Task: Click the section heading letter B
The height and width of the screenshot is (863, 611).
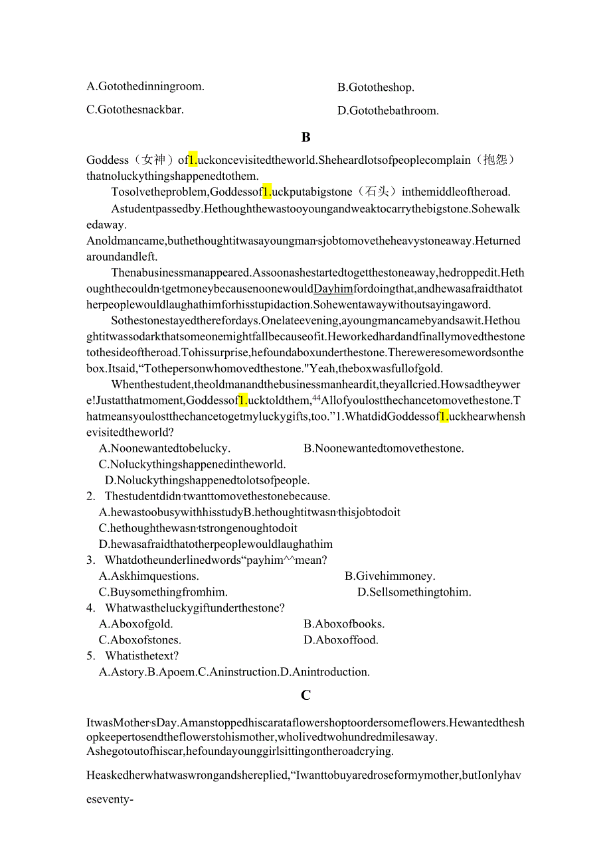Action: [305, 137]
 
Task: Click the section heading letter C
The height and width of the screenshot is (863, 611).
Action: [305, 695]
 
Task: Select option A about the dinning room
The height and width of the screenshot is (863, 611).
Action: [145, 86]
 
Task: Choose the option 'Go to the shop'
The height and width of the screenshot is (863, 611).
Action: [375, 88]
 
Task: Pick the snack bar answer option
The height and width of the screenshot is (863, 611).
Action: [135, 109]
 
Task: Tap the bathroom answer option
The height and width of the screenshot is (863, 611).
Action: [388, 111]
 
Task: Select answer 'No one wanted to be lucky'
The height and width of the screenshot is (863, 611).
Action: [165, 448]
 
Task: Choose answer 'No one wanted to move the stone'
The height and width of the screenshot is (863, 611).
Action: [383, 448]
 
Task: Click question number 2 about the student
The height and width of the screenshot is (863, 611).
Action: [91, 496]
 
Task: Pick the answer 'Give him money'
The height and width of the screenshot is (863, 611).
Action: [390, 576]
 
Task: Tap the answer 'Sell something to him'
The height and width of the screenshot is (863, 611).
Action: [414, 592]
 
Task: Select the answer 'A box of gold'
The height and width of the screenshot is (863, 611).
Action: [135, 624]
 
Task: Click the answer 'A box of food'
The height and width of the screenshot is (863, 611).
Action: [341, 640]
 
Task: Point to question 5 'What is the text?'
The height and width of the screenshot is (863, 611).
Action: [141, 656]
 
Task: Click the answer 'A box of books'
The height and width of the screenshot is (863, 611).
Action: [344, 624]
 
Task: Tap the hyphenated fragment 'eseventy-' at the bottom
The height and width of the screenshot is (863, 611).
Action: [110, 799]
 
